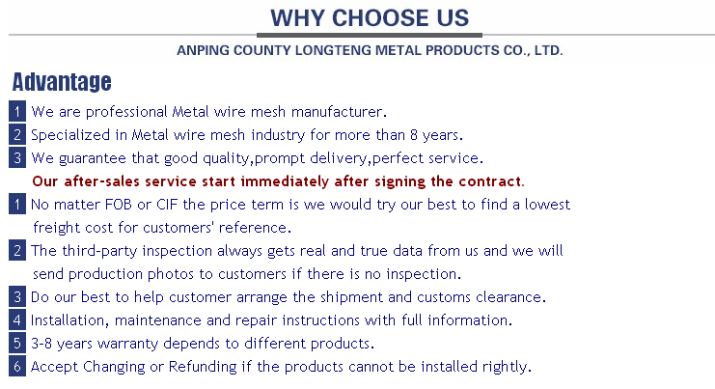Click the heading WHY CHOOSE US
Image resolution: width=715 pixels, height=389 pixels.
(370, 18)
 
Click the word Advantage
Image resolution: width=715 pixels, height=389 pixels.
(62, 83)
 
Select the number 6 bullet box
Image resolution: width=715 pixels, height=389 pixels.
(17, 366)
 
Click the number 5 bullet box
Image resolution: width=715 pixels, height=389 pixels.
(17, 343)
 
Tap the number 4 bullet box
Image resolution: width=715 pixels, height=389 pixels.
(17, 320)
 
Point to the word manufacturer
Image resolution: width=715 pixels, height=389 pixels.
(339, 112)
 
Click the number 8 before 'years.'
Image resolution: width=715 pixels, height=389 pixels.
(414, 135)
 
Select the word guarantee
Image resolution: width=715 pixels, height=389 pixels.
(92, 158)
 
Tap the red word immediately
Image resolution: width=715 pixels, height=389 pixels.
(285, 181)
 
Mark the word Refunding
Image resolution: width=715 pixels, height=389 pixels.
(203, 367)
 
